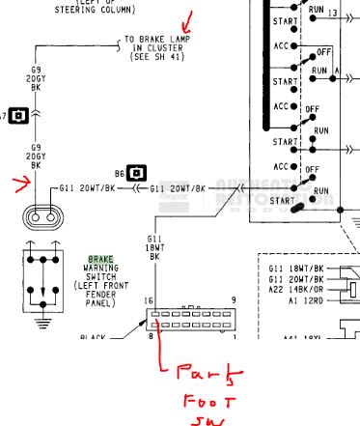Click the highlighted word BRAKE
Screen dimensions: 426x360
tap(101, 260)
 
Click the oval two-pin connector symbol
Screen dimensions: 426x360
tap(40, 217)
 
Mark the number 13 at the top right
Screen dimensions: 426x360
tap(333, 14)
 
